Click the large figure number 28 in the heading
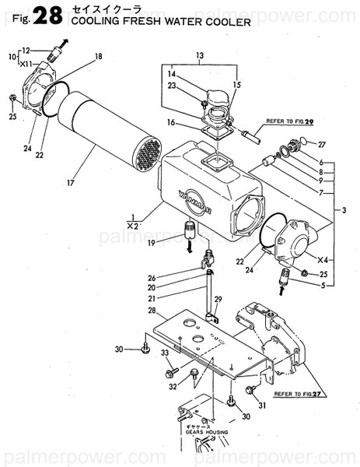(x=46, y=15)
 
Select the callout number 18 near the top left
(x=98, y=56)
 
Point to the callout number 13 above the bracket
(x=199, y=55)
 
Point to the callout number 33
(x=165, y=353)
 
